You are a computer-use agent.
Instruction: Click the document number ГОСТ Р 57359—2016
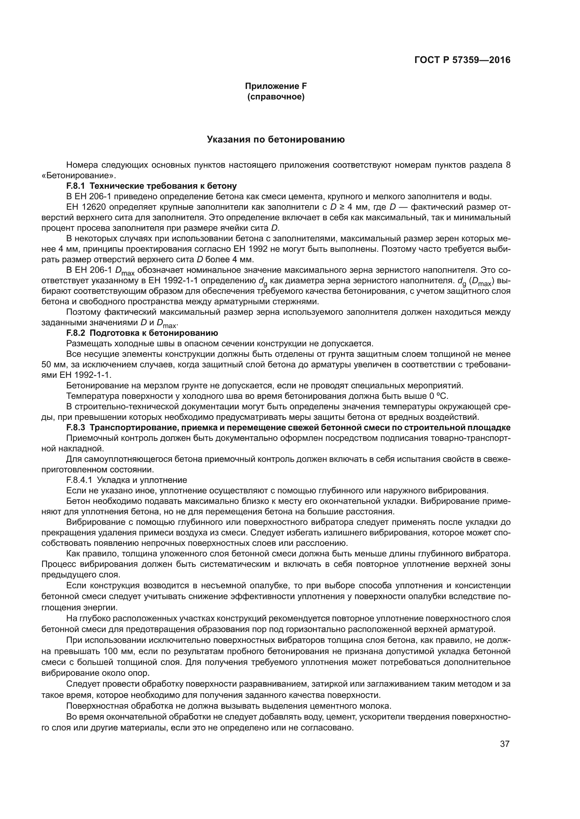coord(462,60)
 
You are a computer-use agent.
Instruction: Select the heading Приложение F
coord(276,86)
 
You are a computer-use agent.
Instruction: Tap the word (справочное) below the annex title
coord(276,97)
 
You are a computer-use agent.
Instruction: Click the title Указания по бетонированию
coord(276,140)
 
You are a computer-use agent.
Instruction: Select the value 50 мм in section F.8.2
coord(52,365)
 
